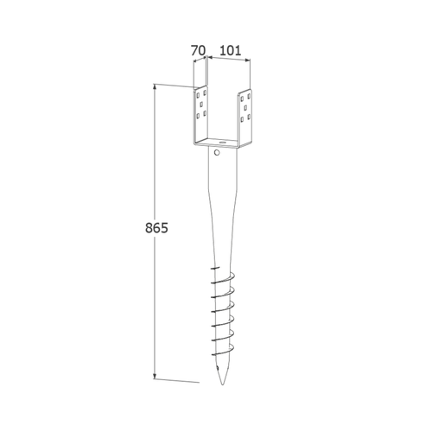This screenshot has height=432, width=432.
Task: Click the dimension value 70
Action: [199, 51]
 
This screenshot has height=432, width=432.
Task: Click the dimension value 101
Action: [230, 51]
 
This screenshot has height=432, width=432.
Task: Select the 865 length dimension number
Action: [156, 228]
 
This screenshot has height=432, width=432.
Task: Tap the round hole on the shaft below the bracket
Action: [217, 152]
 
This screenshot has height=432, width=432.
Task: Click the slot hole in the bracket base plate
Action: [222, 143]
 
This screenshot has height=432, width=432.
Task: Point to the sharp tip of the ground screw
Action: [222, 384]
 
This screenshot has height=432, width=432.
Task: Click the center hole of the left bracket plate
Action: [201, 104]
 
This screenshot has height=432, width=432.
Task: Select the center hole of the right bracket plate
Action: [245, 108]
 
